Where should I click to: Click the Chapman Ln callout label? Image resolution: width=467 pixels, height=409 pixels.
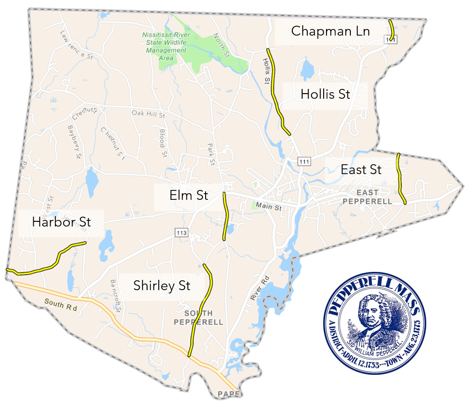coord(330,31)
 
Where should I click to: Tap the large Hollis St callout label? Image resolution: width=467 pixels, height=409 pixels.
coord(325,94)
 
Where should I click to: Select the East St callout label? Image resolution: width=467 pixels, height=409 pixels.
coord(361,169)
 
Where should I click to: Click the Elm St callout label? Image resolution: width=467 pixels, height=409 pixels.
coord(189,195)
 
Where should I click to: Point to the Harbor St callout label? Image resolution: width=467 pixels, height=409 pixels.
coord(61,222)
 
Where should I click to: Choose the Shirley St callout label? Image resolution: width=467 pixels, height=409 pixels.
coord(162,285)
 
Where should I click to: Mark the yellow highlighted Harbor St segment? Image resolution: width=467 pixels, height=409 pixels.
coord(52,264)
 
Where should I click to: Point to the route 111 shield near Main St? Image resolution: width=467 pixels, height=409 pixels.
coord(304,161)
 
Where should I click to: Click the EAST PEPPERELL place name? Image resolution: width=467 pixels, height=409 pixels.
coord(367,197)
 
